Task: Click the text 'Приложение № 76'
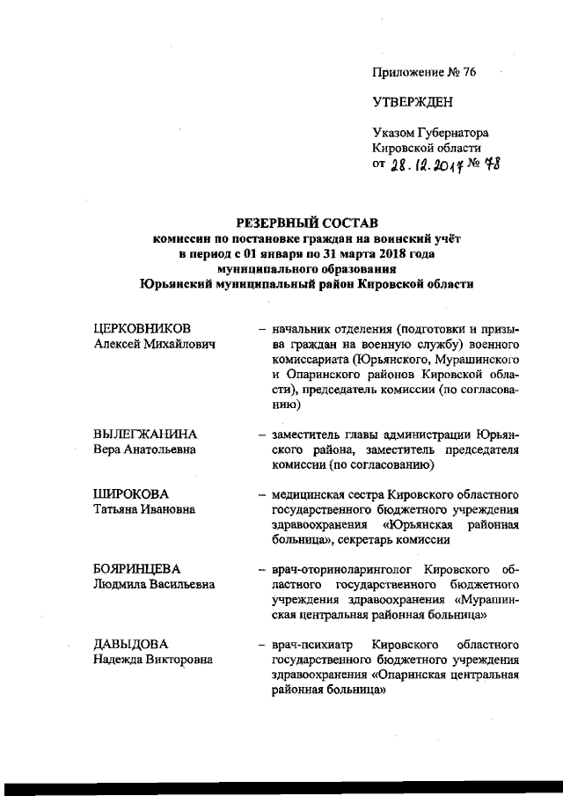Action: tap(424, 73)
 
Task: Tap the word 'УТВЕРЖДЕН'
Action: tap(413, 103)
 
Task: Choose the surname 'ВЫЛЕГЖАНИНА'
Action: tap(145, 435)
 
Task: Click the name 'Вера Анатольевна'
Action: tap(144, 450)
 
